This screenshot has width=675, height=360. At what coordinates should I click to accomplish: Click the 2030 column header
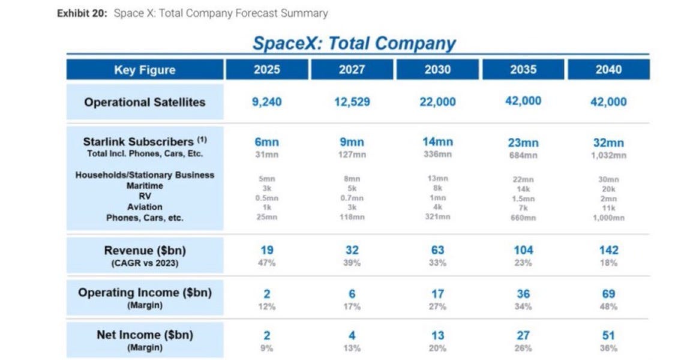pyautogui.click(x=437, y=70)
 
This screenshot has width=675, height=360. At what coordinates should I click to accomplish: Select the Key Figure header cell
pyautogui.click(x=145, y=70)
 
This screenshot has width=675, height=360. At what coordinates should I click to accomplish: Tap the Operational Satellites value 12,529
pyautogui.click(x=352, y=102)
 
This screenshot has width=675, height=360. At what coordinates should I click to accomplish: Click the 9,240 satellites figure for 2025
pyautogui.click(x=266, y=102)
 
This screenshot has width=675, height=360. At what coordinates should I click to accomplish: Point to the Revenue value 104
pyautogui.click(x=523, y=250)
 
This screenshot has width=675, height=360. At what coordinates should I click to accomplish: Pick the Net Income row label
pyautogui.click(x=145, y=335)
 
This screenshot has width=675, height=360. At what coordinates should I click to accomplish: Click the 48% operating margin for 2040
pyautogui.click(x=608, y=307)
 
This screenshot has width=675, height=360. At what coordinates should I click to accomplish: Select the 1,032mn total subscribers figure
pyautogui.click(x=608, y=155)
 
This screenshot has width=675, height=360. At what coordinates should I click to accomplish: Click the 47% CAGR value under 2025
pyautogui.click(x=266, y=263)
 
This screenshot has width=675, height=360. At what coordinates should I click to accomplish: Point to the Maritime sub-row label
pyautogui.click(x=145, y=186)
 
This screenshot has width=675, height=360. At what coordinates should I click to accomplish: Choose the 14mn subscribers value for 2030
pyautogui.click(x=437, y=142)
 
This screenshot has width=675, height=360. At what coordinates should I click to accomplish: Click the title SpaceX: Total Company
pyautogui.click(x=354, y=43)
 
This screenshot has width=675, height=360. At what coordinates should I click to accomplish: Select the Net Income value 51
pyautogui.click(x=608, y=335)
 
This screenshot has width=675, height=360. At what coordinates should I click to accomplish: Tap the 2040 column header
pyautogui.click(x=608, y=70)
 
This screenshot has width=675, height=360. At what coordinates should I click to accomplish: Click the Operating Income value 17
pyautogui.click(x=437, y=293)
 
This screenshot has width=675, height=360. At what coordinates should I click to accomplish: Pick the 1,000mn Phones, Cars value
pyautogui.click(x=608, y=218)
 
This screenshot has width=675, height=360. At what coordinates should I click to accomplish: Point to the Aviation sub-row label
pyautogui.click(x=145, y=207)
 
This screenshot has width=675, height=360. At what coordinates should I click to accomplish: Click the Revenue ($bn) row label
pyautogui.click(x=145, y=251)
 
